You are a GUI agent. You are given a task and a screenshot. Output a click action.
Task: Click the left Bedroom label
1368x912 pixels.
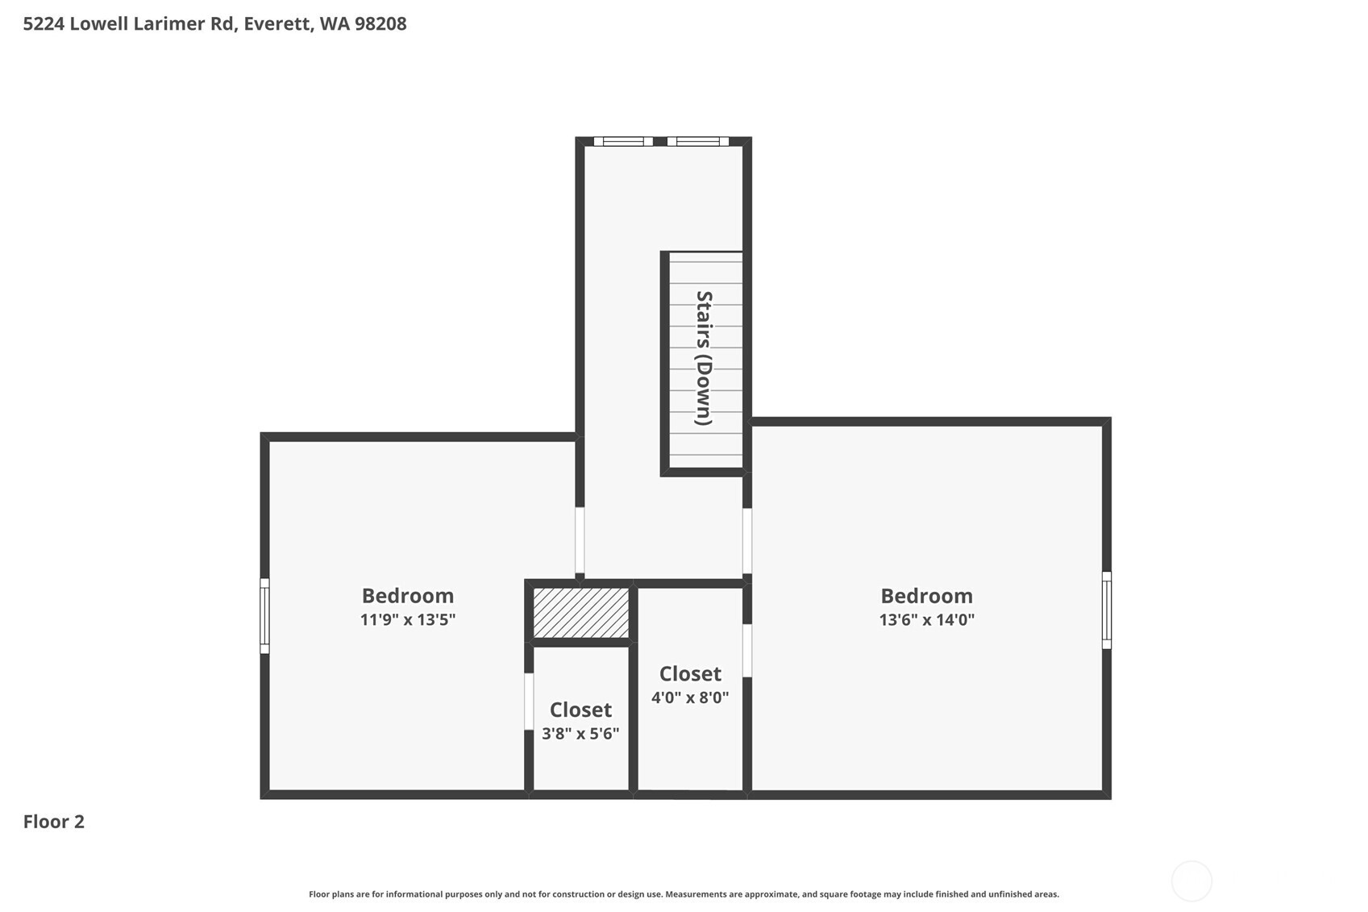(x=407, y=596)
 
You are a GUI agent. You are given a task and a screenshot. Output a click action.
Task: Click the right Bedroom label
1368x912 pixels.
(x=926, y=596)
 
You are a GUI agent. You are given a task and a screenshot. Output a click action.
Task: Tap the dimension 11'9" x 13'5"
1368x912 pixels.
(x=407, y=620)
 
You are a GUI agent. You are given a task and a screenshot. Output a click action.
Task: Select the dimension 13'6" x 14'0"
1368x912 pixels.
(x=926, y=620)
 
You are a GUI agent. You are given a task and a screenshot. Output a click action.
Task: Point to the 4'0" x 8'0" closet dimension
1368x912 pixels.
(x=690, y=698)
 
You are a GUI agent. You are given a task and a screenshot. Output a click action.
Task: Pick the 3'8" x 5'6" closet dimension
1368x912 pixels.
(x=580, y=734)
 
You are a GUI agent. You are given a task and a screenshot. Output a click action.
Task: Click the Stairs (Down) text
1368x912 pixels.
(x=704, y=358)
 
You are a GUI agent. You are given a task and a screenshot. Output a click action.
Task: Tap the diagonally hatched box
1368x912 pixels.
(x=581, y=613)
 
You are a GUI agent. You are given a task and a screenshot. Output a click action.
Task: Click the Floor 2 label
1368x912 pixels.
(x=53, y=822)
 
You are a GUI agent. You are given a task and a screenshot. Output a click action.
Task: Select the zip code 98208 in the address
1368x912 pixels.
(x=380, y=23)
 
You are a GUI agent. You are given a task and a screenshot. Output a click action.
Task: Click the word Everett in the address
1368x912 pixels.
(x=277, y=23)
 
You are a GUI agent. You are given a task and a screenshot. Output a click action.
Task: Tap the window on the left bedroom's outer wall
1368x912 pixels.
(x=264, y=616)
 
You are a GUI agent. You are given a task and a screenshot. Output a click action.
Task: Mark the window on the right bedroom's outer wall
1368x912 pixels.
(x=1107, y=610)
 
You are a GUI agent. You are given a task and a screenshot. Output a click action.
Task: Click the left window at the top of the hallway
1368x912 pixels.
(x=623, y=142)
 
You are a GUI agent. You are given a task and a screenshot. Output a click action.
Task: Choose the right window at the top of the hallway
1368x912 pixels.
(x=698, y=142)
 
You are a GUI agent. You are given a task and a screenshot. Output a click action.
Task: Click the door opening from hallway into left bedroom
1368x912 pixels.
(x=580, y=540)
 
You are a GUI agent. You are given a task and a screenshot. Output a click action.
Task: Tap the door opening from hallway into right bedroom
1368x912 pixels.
(x=747, y=541)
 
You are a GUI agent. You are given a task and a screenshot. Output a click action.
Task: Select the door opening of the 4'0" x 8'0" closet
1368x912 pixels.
(x=747, y=651)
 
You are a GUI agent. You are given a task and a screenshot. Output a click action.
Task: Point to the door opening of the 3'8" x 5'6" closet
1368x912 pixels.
(x=529, y=702)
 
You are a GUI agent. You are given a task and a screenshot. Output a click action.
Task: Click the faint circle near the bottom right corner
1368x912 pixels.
(x=1191, y=881)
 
